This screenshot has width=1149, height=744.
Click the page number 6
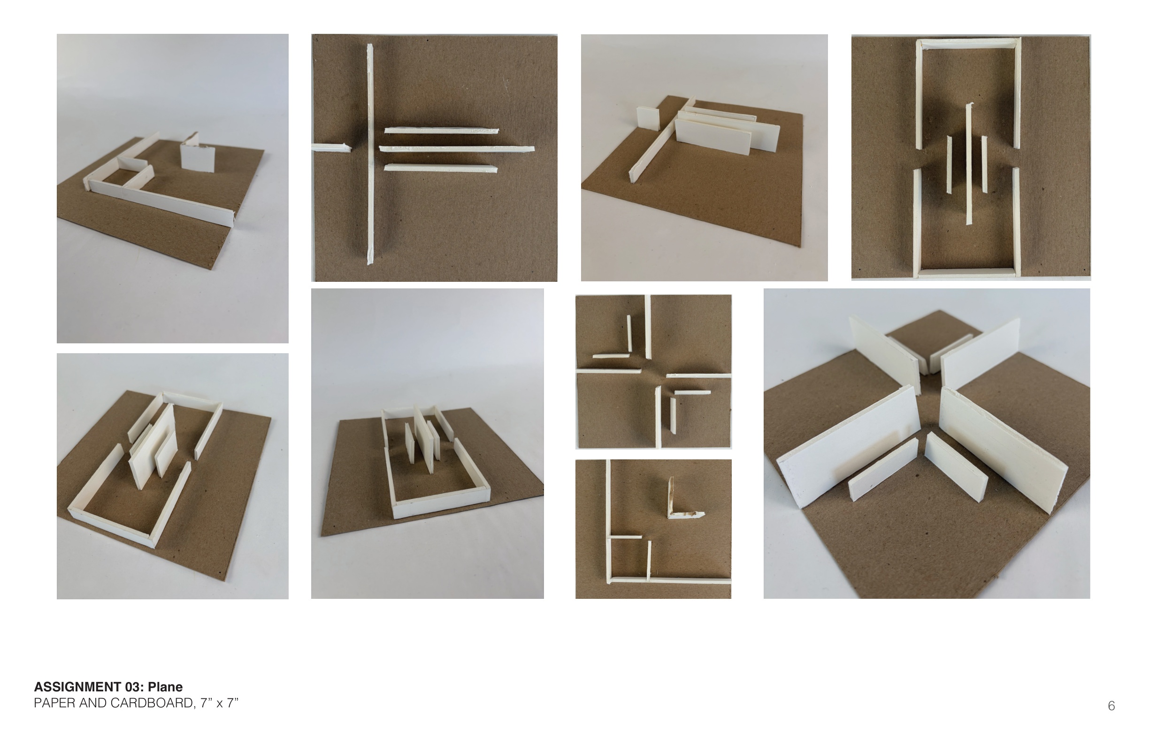[1111, 706]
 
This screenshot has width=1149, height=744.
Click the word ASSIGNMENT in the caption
[77, 687]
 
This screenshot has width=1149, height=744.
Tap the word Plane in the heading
[165, 687]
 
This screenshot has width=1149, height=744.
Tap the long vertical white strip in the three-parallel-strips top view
[370, 154]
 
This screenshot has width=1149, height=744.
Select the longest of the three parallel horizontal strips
[457, 149]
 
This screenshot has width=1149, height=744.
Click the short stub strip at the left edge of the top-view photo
[331, 148]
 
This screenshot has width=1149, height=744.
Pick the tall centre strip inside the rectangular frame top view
[969, 164]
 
